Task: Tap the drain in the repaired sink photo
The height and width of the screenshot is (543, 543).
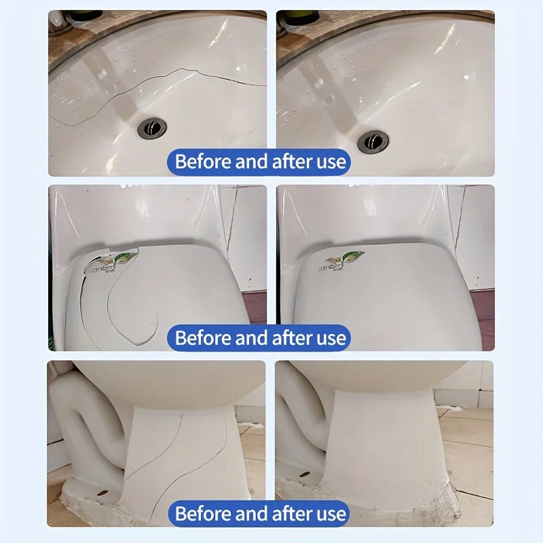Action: click(373, 141)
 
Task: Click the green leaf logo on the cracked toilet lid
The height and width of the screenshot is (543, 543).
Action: click(126, 257)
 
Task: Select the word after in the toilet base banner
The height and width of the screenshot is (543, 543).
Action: click(295, 513)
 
